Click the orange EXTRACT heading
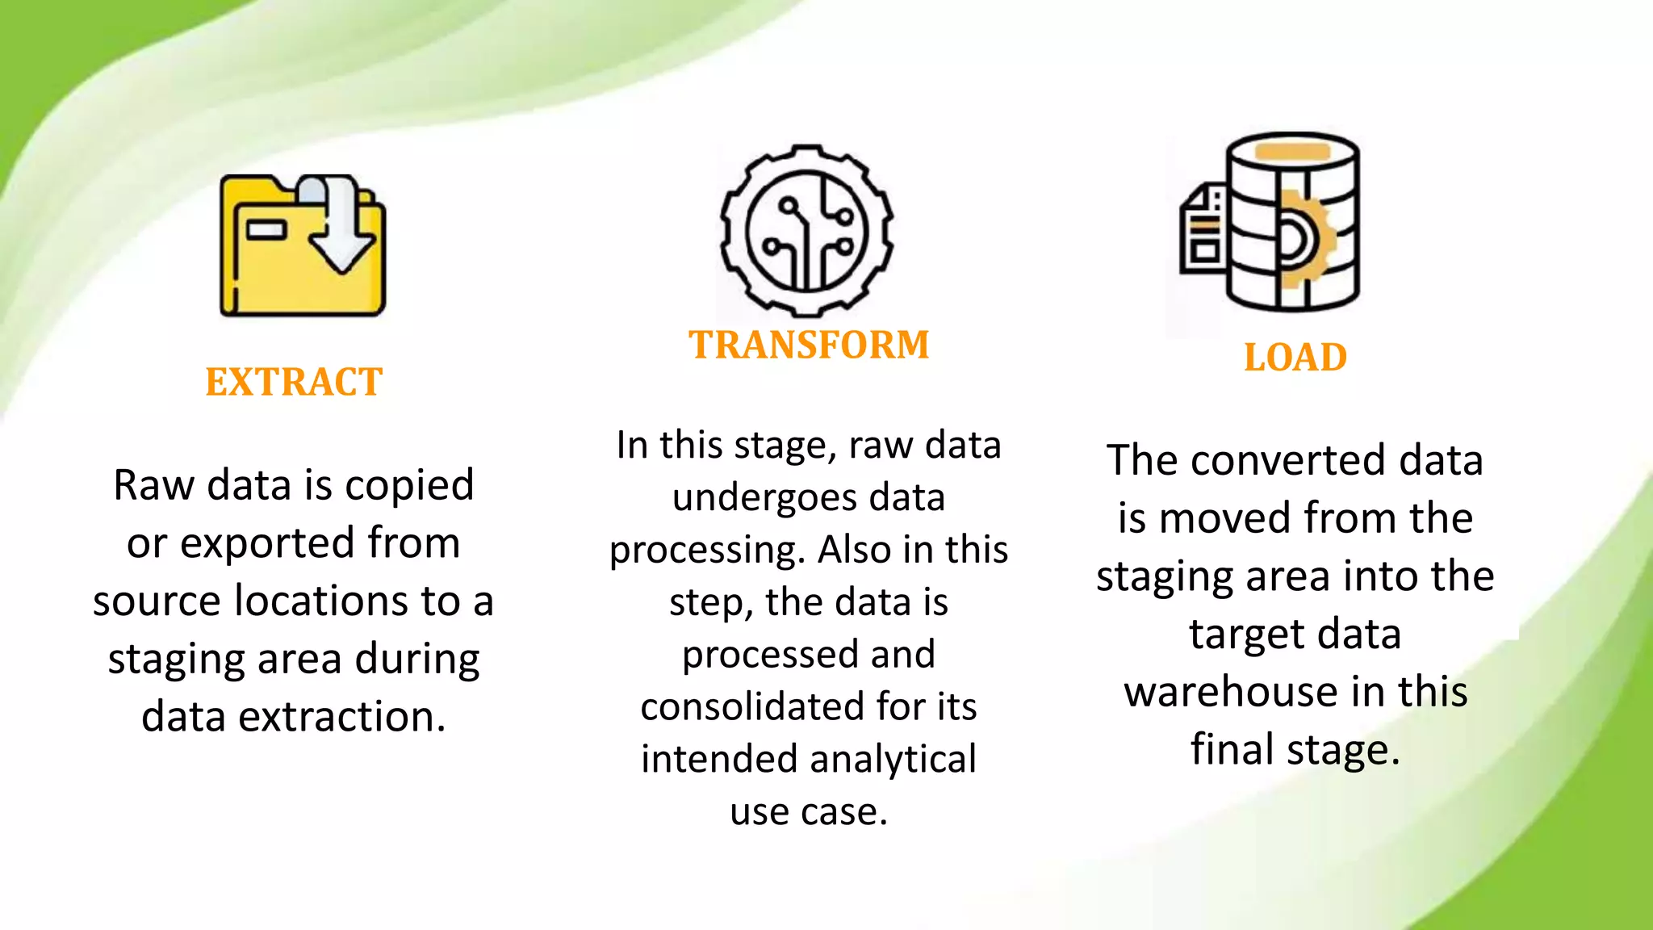click(294, 382)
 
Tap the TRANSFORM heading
click(809, 345)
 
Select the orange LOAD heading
click(1295, 358)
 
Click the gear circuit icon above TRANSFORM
click(806, 231)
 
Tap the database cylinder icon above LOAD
click(1292, 222)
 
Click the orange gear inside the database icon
click(1304, 240)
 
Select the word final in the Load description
click(1232, 749)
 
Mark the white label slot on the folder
click(266, 230)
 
